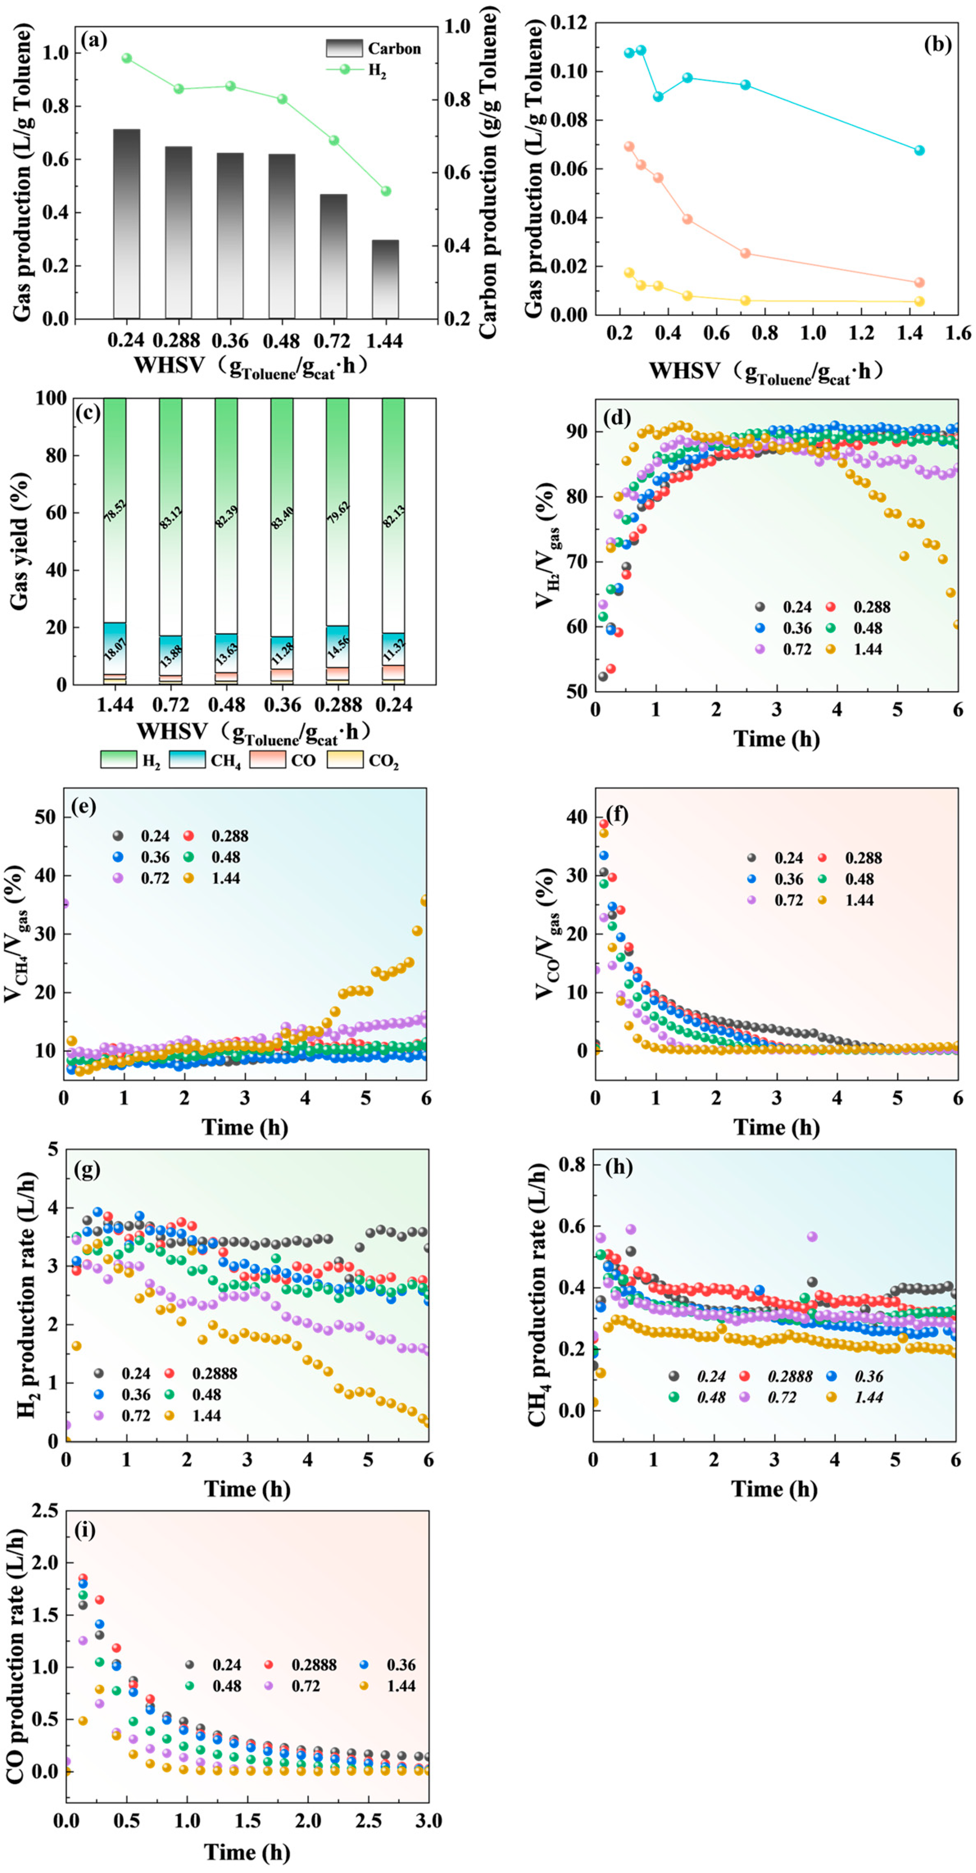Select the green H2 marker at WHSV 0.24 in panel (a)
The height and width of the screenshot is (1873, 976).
pyautogui.click(x=127, y=58)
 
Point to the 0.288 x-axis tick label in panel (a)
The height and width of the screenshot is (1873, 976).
pyautogui.click(x=177, y=341)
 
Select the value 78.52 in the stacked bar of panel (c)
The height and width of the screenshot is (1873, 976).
pyautogui.click(x=115, y=513)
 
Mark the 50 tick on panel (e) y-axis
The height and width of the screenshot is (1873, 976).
pyautogui.click(x=45, y=817)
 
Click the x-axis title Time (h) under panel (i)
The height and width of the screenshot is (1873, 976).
pyautogui.click(x=247, y=1852)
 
